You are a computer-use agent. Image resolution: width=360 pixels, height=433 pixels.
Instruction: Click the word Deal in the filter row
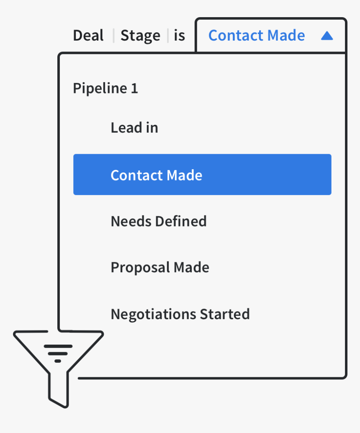point(88,36)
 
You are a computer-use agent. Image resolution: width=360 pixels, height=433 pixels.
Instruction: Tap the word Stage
point(140,36)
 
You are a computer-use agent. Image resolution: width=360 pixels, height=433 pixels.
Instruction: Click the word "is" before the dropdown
point(180,36)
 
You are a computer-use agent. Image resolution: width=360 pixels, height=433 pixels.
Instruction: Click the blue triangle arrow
point(327,36)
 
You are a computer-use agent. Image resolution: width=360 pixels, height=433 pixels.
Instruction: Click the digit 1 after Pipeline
point(134,88)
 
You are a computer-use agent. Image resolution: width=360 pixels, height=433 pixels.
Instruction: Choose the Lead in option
point(134,128)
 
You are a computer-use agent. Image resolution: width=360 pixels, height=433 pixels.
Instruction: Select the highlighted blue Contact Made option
point(202,175)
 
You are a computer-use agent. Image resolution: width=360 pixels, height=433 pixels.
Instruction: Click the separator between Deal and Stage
point(113,36)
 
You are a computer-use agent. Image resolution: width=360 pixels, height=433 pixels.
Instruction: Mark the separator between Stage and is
point(168,36)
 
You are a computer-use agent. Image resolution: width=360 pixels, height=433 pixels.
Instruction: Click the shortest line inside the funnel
point(58,361)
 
